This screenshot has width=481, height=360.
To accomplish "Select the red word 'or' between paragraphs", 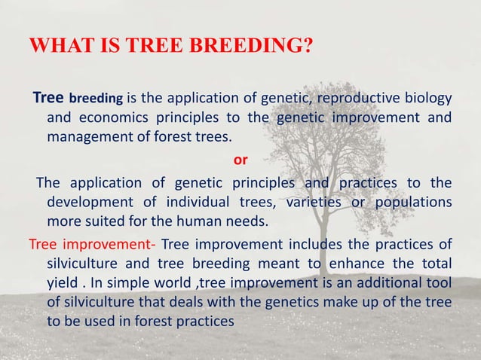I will coord(240,160).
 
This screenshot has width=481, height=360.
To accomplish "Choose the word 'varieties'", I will coord(308,203).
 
